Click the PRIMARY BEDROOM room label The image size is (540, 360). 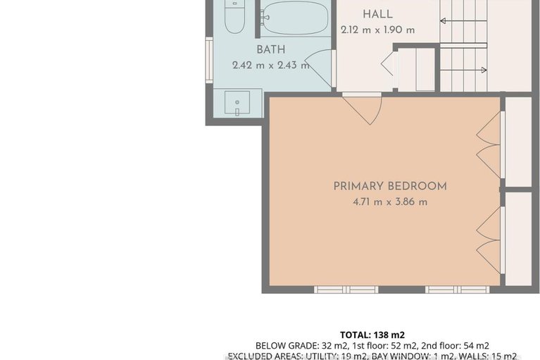(390, 186)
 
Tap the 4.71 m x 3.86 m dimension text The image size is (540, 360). (390, 201)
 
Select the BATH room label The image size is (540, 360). (270, 49)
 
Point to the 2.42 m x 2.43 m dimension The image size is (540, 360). (270, 66)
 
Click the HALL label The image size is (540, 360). (377, 14)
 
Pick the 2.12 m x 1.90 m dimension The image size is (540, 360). (377, 30)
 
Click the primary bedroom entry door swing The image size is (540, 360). (363, 109)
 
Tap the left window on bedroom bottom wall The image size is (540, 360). (346, 289)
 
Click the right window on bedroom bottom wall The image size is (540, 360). (456, 289)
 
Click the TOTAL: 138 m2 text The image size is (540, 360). (372, 335)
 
